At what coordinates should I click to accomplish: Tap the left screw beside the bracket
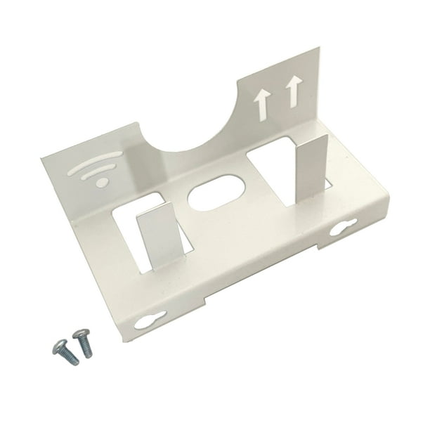click(60, 346)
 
